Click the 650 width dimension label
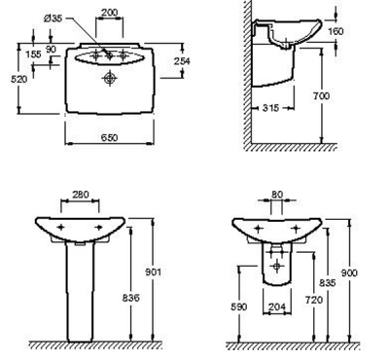tap(109, 137)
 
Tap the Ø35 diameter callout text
tap(53, 18)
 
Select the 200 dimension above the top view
tap(110, 13)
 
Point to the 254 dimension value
tap(182, 61)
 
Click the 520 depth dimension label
tap(19, 79)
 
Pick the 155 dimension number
tap(33, 54)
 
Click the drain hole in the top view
tap(110, 78)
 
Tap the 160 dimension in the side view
tap(336, 31)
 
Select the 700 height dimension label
tap(321, 96)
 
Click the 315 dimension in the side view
tap(270, 108)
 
